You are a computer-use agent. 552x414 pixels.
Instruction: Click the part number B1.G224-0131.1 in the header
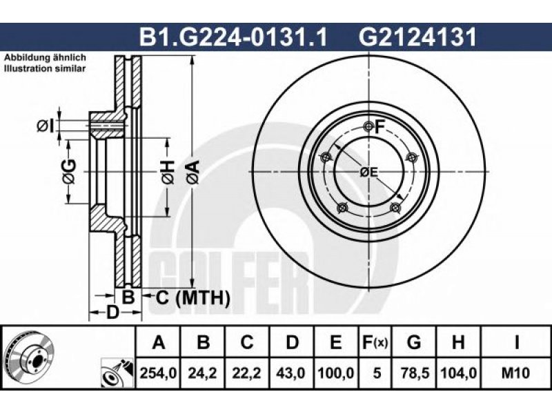[x=233, y=37]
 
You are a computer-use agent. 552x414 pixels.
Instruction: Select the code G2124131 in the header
[x=417, y=37]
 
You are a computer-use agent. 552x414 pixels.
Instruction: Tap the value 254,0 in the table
[x=158, y=373]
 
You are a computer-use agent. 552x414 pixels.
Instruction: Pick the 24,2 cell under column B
[x=203, y=373]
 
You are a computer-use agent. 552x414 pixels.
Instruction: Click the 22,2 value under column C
[x=247, y=373]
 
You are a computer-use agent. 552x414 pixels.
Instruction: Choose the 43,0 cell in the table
[x=291, y=373]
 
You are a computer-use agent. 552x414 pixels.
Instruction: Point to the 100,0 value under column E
[x=336, y=373]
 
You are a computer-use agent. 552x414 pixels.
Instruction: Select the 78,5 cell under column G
[x=414, y=373]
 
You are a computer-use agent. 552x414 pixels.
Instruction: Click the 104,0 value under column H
[x=458, y=373]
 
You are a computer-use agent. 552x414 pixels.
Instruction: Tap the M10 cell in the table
[x=515, y=373]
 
